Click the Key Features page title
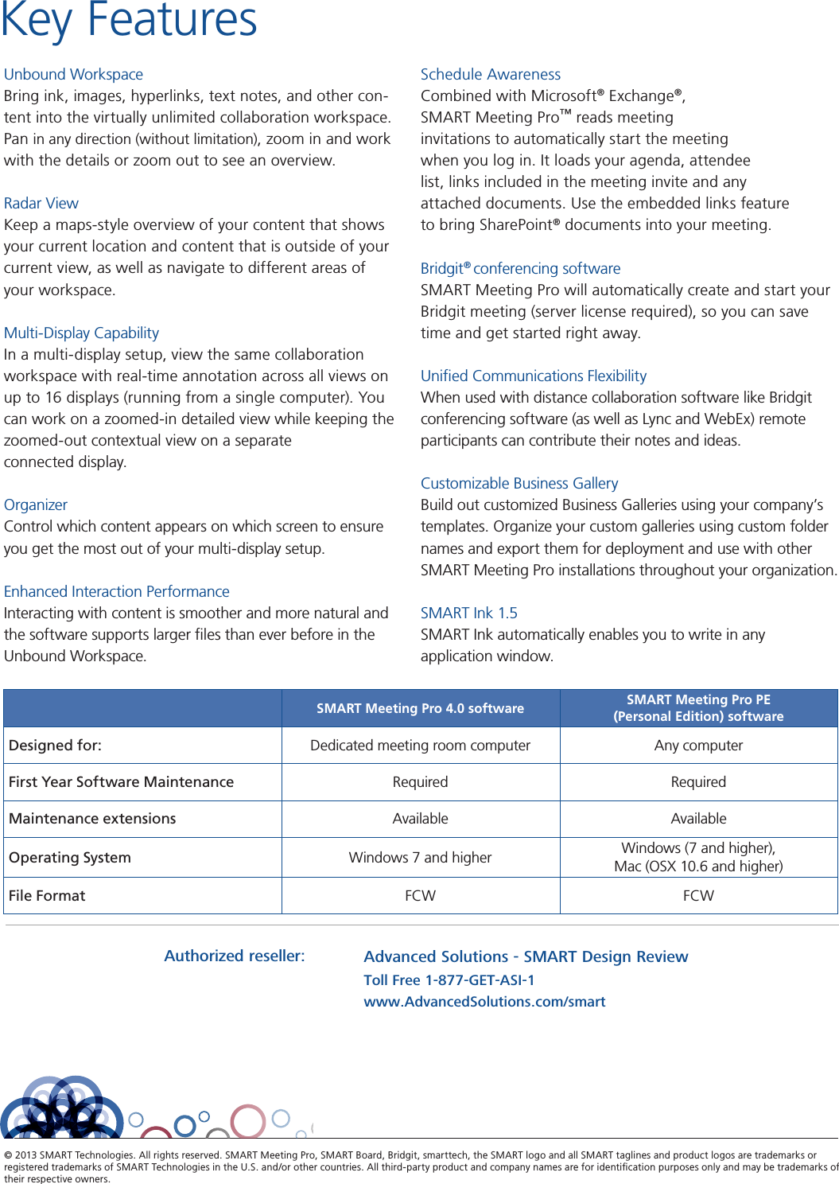coord(129,21)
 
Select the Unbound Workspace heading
coord(73,74)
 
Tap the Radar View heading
coord(41,203)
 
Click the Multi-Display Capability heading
coord(81,333)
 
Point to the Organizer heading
coord(36,504)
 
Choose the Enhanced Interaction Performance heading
coord(116,591)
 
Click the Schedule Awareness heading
coord(490,74)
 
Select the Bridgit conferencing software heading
coord(520,268)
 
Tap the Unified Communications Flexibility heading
coord(533,376)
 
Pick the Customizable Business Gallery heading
coord(519,483)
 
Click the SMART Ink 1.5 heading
coord(468,613)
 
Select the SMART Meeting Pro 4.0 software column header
coord(420,708)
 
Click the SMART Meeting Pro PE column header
coord(698,707)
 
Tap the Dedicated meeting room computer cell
coord(420,746)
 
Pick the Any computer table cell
coord(698,746)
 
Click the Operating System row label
coord(70,858)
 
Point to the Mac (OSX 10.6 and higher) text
coord(698,867)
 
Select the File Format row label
coord(47,896)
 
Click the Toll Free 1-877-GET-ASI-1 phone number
coord(449,980)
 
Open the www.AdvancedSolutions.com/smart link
coord(484,1002)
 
